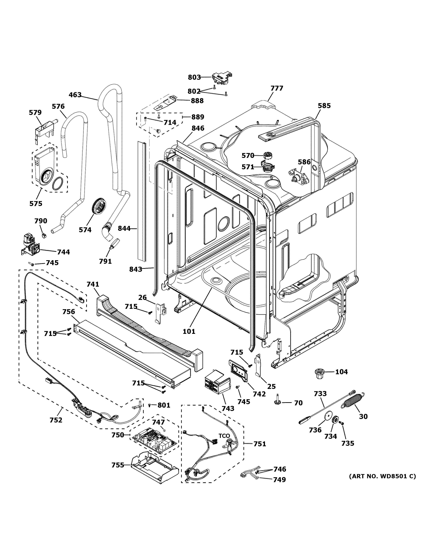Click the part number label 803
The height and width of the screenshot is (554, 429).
click(x=194, y=77)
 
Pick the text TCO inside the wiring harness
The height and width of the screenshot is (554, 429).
click(x=224, y=436)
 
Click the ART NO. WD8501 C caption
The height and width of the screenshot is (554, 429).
click(x=383, y=476)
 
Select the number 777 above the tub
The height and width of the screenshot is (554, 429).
click(x=277, y=88)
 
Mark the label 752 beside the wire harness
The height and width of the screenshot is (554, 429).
click(x=56, y=420)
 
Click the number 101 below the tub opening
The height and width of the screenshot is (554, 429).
click(x=189, y=331)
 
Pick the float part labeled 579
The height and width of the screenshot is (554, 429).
click(x=43, y=130)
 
